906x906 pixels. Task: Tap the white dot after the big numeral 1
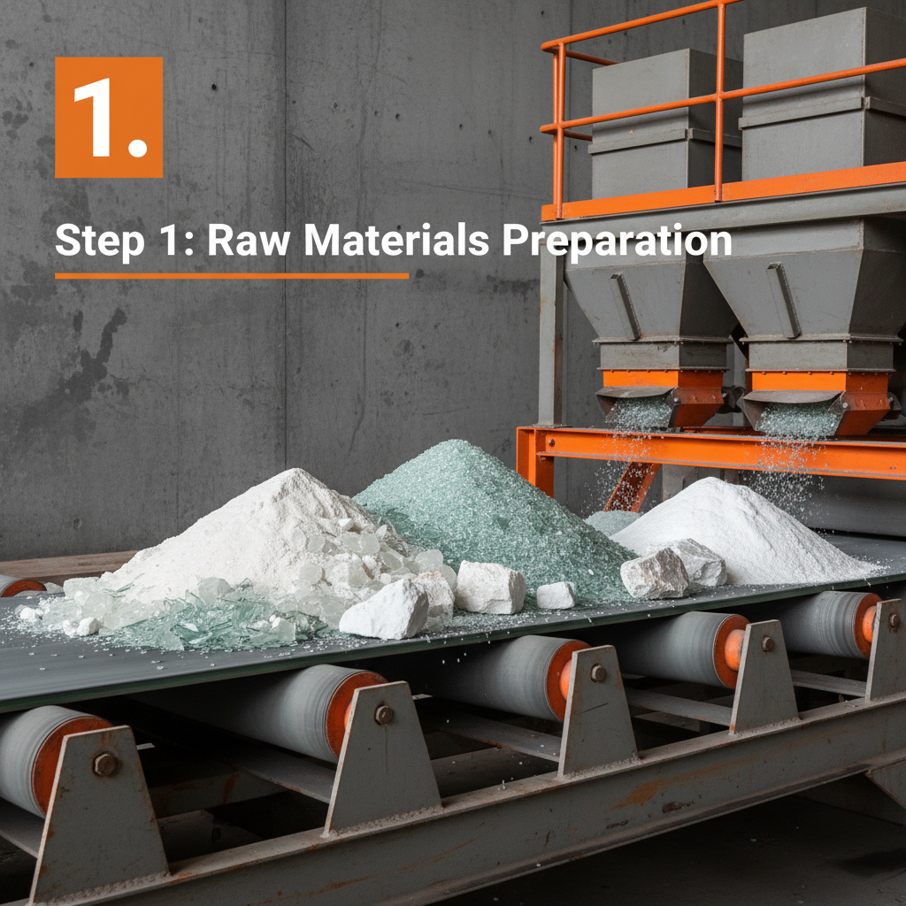[137, 147]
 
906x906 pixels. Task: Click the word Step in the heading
[99, 241]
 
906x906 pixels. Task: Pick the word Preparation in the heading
[617, 241]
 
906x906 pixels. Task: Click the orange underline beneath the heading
[232, 276]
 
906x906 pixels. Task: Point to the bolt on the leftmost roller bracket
[105, 764]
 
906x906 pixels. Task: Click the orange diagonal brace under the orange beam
[632, 486]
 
